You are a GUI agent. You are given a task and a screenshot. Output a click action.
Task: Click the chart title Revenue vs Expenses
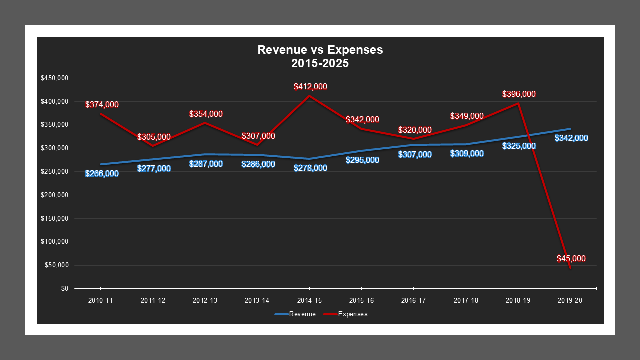point(320,50)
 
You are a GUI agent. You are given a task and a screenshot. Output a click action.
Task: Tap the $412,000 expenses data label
point(310,87)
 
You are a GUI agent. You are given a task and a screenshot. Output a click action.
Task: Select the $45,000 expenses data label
point(571,258)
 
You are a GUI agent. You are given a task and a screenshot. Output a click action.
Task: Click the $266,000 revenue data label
point(102,174)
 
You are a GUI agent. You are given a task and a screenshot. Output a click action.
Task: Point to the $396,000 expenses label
point(519,94)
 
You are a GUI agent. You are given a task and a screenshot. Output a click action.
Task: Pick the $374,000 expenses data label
point(102,104)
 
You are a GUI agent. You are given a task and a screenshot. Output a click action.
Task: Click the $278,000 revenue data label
point(310,168)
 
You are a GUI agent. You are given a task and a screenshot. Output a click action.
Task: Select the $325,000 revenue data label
point(519,146)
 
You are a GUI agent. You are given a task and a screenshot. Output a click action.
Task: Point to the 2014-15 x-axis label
point(309,301)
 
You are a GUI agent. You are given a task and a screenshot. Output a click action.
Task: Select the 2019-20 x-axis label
point(570,301)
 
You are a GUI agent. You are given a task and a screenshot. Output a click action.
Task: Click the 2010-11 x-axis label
point(100,301)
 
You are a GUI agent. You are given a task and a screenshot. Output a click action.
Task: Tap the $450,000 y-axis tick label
point(55,78)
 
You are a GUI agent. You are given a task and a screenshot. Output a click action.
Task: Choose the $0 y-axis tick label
point(65,289)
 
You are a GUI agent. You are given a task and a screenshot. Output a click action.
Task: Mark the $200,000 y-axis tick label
point(55,195)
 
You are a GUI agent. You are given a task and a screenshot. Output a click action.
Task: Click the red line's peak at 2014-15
point(309,96)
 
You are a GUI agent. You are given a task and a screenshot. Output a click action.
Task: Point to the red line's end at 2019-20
point(570,268)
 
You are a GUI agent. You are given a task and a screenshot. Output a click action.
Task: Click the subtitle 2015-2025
point(320,64)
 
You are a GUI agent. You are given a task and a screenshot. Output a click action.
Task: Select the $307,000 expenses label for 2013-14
point(258,136)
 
